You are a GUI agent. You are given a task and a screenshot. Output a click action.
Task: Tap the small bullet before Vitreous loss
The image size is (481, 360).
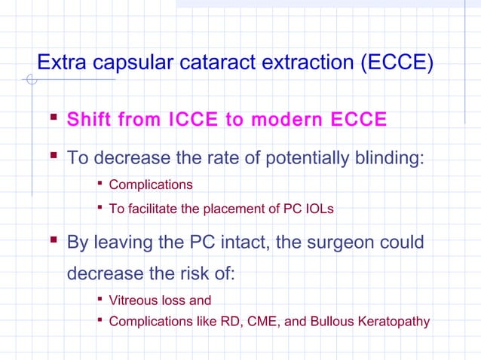pyautogui.click(x=100, y=300)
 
